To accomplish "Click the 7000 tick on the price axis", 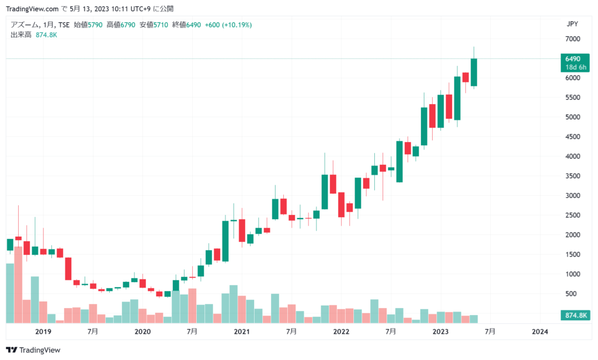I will pyautogui.click(x=572, y=39).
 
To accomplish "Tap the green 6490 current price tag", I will pyautogui.click(x=572, y=59).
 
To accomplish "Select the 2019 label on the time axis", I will pyautogui.click(x=43, y=331).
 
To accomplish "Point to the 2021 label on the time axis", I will pyautogui.click(x=242, y=331).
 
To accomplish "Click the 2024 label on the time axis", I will pyautogui.click(x=540, y=331).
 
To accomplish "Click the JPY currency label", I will pyautogui.click(x=572, y=24).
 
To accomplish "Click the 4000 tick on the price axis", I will pyautogui.click(x=572, y=156).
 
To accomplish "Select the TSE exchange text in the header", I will pyautogui.click(x=64, y=25).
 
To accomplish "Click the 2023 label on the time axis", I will pyautogui.click(x=441, y=331).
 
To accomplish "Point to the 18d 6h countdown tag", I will pyautogui.click(x=572, y=67).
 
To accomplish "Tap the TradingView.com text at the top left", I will pyautogui.click(x=32, y=9).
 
